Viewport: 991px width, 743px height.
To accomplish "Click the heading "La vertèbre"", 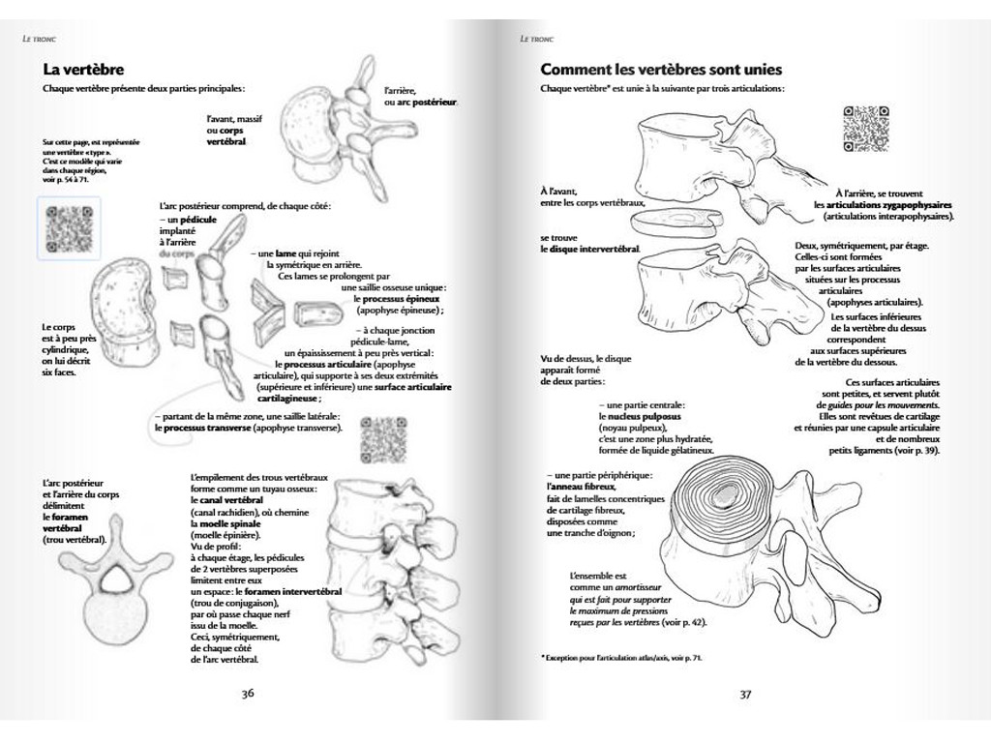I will pyautogui.click(x=83, y=70).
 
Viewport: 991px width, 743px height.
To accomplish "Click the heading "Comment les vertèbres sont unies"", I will pyautogui.click(x=661, y=70).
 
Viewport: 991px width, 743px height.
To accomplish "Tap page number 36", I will pyautogui.click(x=248, y=693).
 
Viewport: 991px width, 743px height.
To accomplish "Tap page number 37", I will pyautogui.click(x=745, y=693).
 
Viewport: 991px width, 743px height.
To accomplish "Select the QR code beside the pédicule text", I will pyautogui.click(x=68, y=228).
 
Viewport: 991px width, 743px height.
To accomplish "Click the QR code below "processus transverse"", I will pyautogui.click(x=380, y=440).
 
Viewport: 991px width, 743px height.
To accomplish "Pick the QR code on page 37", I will pyautogui.click(x=865, y=128).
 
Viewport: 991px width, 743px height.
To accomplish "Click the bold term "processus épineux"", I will pyautogui.click(x=395, y=299).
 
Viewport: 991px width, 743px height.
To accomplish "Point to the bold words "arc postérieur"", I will pyautogui.click(x=427, y=102).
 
